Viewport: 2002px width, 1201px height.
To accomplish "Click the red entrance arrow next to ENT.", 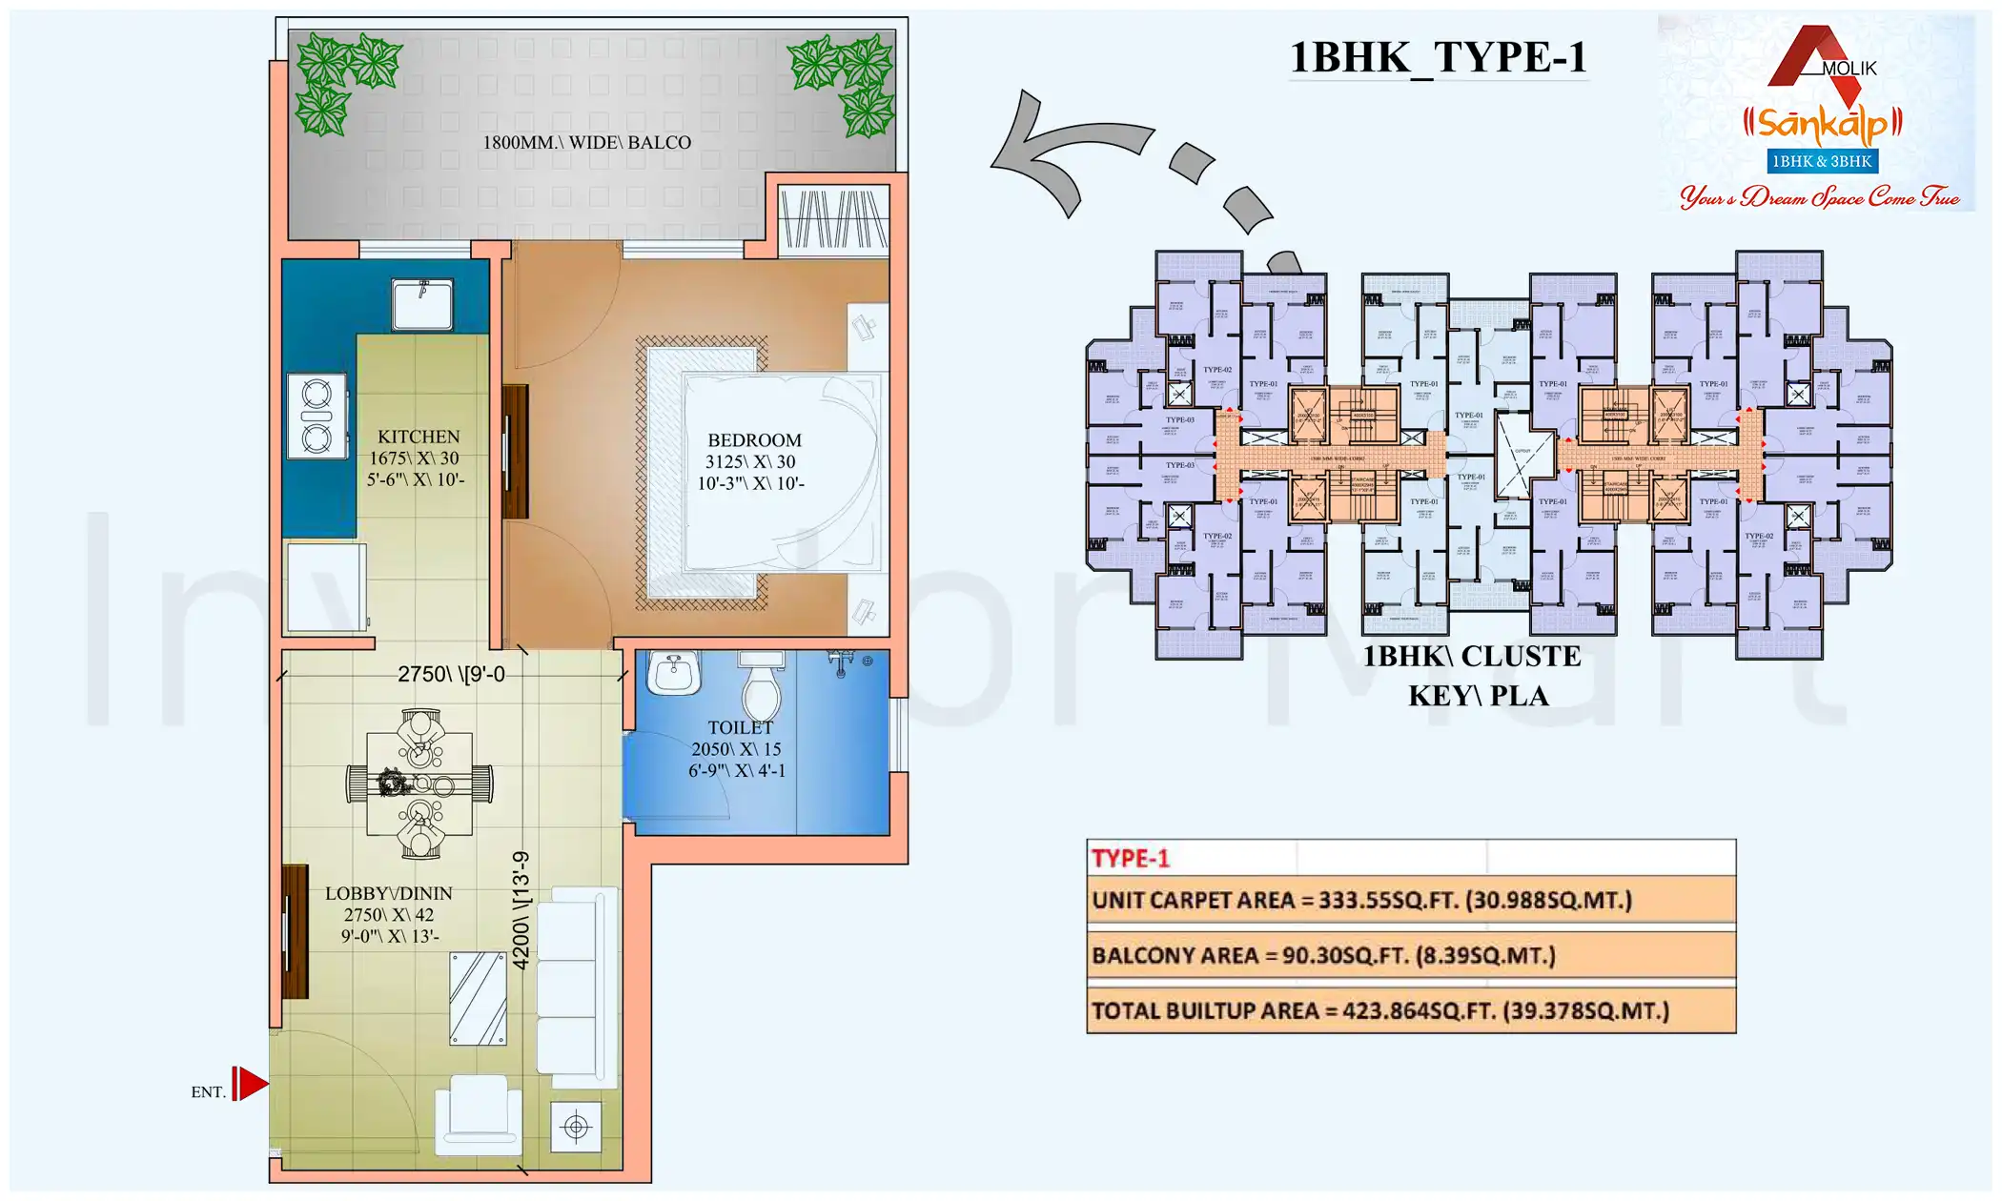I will pos(251,1084).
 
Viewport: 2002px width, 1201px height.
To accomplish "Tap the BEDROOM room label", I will pos(754,440).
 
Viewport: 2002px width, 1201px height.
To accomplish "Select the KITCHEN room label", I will pos(419,437).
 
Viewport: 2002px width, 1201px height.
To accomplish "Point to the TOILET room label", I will pos(740,728).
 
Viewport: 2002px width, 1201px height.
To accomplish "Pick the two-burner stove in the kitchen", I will pos(317,417).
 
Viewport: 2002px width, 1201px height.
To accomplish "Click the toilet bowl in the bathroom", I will pos(761,687).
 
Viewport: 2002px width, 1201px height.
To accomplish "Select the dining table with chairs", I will pos(420,784).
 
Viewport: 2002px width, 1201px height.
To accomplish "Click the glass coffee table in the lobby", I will pos(478,998).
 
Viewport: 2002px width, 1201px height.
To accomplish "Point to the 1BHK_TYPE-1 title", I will pos(1438,57).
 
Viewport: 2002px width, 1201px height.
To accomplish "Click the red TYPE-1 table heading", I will pos(1130,858).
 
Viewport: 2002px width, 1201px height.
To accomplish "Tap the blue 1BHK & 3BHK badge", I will pos(1822,161).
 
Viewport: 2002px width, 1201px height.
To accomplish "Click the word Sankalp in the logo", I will pos(1822,124).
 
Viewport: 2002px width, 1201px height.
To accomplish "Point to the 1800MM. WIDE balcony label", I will pos(586,143).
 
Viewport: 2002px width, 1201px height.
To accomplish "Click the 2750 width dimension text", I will pos(451,674).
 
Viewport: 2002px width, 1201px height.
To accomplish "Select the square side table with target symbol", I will pos(576,1128).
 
